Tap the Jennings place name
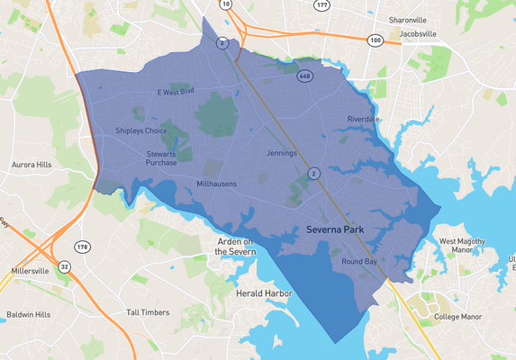281,153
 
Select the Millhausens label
216,184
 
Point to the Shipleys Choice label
141,130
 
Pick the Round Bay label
358,262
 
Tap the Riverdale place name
365,119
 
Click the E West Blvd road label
176,92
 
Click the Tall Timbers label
148,312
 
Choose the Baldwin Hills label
28,315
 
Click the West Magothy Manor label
461,246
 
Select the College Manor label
458,317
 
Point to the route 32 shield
65,266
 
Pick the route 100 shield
376,40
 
